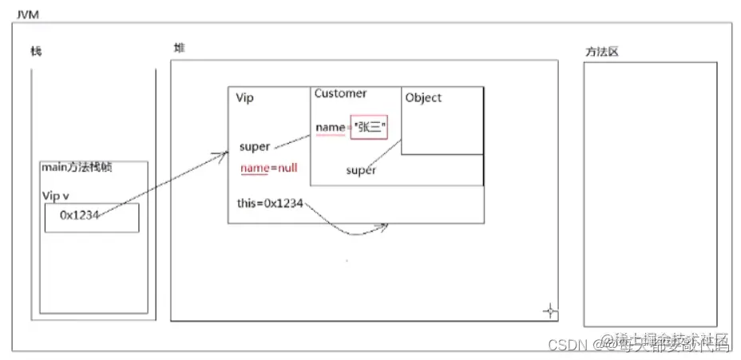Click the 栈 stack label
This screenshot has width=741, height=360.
pos(36,52)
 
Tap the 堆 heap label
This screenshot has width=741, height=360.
pos(179,48)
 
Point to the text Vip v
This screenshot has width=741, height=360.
pos(57,195)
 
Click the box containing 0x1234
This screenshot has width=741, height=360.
pos(91,217)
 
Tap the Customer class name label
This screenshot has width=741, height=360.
pos(340,93)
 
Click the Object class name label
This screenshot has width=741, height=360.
pos(423,98)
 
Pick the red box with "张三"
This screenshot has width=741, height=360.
pos(368,128)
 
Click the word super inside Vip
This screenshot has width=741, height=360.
pos(255,147)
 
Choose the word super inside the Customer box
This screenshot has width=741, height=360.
pos(361,170)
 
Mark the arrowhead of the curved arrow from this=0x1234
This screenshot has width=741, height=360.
pos(385,226)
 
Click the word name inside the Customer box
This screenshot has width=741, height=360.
pos(329,128)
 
